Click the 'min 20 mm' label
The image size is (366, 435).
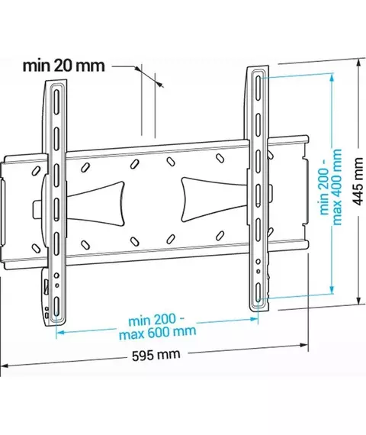coord(64,66)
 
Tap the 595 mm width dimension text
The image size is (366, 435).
coord(156,356)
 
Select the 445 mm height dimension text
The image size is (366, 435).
coord(358,182)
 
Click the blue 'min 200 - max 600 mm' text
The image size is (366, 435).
coord(157,327)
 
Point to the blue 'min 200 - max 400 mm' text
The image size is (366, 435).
coord(330,187)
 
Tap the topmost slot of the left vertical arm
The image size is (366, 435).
coord(56,101)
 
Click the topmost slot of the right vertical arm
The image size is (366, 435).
coord(258,88)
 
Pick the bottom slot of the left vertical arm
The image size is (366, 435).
coord(56,307)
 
